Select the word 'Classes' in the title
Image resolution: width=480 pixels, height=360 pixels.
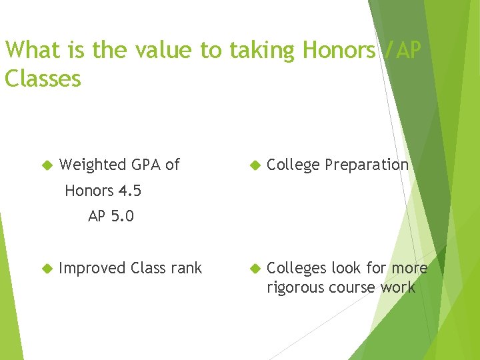pos(43,79)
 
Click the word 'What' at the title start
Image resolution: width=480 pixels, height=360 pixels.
pos(31,50)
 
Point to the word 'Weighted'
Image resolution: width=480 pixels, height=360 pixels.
pos(92,165)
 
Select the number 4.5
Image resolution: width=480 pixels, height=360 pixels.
pos(129,191)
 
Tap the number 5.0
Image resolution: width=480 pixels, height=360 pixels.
pos(122,217)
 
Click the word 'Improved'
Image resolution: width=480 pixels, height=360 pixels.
pos(92,269)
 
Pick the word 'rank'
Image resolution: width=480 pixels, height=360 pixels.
pos(186,268)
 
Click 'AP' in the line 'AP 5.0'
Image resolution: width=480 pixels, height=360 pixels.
pos(97,217)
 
